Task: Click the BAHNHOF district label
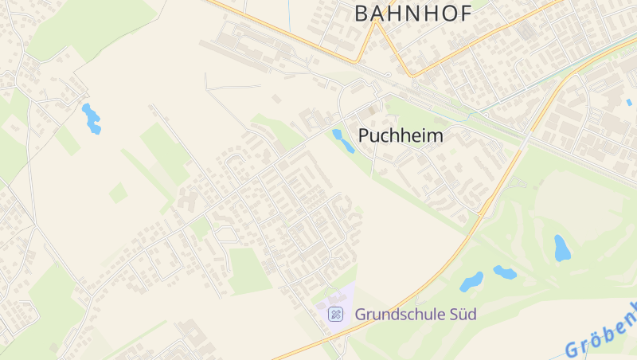412,13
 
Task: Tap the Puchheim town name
401,135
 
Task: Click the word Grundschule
399,315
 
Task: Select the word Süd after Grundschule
462,315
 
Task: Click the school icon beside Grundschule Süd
336,315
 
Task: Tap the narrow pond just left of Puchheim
343,140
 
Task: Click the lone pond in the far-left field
92,118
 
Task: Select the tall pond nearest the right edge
562,248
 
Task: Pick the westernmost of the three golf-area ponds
471,282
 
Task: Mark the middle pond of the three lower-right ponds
505,272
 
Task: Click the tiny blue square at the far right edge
628,102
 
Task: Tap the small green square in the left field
118,193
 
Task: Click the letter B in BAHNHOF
361,13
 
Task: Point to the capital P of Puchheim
365,135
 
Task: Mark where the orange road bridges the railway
529,135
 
